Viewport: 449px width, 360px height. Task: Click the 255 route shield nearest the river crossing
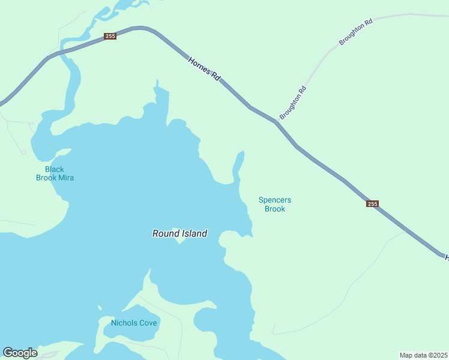click(110, 36)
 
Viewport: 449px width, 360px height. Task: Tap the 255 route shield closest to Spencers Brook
click(372, 204)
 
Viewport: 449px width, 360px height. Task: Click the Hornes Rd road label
click(205, 70)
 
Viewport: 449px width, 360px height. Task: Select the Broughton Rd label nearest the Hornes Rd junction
click(293, 103)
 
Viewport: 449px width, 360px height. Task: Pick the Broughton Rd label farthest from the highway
click(356, 32)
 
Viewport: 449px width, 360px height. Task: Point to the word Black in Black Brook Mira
click(54, 169)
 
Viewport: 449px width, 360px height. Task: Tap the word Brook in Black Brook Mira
click(46, 178)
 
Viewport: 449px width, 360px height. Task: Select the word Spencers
click(275, 200)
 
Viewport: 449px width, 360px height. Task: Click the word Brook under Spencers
click(275, 209)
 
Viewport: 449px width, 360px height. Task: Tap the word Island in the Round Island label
click(194, 233)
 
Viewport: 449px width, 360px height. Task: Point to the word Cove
click(148, 323)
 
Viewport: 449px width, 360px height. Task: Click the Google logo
click(20, 353)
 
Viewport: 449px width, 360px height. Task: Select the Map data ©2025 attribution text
click(423, 355)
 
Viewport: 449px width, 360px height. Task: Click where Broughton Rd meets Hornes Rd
click(277, 122)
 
